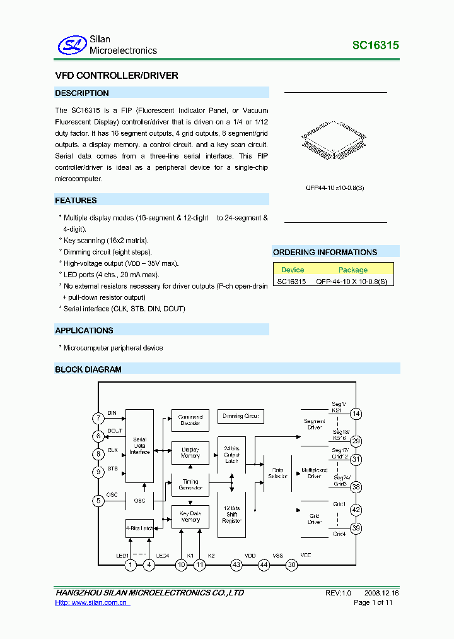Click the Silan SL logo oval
click(71, 45)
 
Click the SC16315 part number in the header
click(375, 45)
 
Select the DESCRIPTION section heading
click(82, 93)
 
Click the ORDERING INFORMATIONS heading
click(325, 253)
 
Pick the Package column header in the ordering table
click(352, 270)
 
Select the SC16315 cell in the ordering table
click(292, 282)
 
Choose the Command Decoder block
click(190, 420)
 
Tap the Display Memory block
click(190, 453)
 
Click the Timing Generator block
click(190, 485)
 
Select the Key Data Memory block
click(190, 517)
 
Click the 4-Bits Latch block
click(139, 528)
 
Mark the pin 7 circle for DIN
click(98, 418)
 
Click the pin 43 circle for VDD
click(236, 565)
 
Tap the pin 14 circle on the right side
click(356, 414)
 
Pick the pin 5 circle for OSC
click(98, 501)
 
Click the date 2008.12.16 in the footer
click(381, 593)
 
